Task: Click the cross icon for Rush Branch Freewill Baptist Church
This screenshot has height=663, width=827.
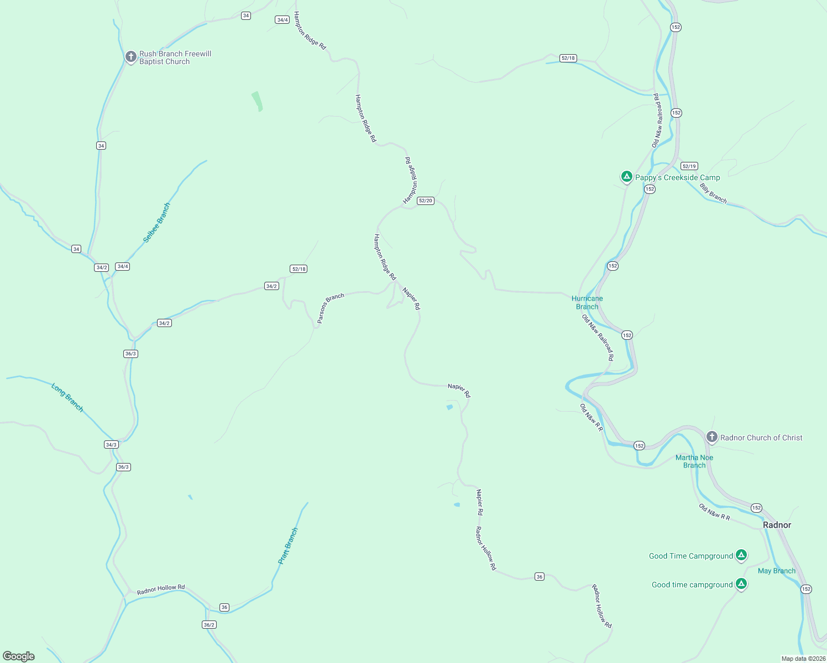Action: click(130, 56)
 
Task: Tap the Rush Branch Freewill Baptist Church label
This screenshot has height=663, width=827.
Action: click(175, 58)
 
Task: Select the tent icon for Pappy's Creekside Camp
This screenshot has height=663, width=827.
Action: click(626, 177)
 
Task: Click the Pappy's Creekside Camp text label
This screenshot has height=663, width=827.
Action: click(677, 177)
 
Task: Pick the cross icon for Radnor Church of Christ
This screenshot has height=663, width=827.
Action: click(711, 437)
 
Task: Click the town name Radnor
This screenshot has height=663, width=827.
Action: click(777, 525)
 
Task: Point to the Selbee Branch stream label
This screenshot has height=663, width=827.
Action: click(156, 223)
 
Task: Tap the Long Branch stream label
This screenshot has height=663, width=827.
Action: click(67, 397)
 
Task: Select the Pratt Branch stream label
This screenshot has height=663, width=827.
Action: click(288, 546)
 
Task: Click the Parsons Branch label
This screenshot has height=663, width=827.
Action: click(331, 308)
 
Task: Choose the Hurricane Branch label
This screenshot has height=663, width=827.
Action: click(587, 302)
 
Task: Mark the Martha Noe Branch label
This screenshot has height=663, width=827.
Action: click(694, 461)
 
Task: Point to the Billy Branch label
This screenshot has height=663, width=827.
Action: click(713, 193)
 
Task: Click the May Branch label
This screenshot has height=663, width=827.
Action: click(777, 571)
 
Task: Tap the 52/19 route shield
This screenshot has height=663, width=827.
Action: click(689, 166)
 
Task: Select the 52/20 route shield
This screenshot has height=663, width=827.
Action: click(426, 201)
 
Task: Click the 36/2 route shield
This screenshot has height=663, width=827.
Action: click(209, 624)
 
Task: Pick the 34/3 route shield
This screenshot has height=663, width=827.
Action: click(111, 444)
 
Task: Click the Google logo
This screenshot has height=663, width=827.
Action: click(19, 656)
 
